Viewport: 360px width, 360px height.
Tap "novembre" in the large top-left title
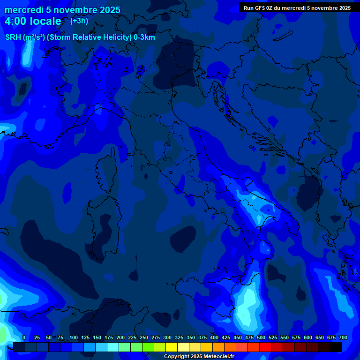pyautogui.click(x=70, y=10)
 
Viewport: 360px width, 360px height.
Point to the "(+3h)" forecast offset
pyautogui.click(x=79, y=21)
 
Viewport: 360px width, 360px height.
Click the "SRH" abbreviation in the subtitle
pyautogui.click(x=13, y=37)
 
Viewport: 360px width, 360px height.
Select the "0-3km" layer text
pyautogui.click(x=144, y=37)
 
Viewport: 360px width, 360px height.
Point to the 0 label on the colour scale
pyautogui.click(x=24, y=337)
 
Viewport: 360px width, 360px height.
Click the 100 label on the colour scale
pyautogui.click(x=74, y=337)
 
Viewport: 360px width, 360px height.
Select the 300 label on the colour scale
pyautogui.click(x=167, y=337)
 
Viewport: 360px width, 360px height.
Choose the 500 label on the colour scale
pyautogui.click(x=261, y=337)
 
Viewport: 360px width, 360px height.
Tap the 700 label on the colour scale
pyautogui.click(x=343, y=337)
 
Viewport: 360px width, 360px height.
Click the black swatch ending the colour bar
pyautogui.click(x=336, y=347)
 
